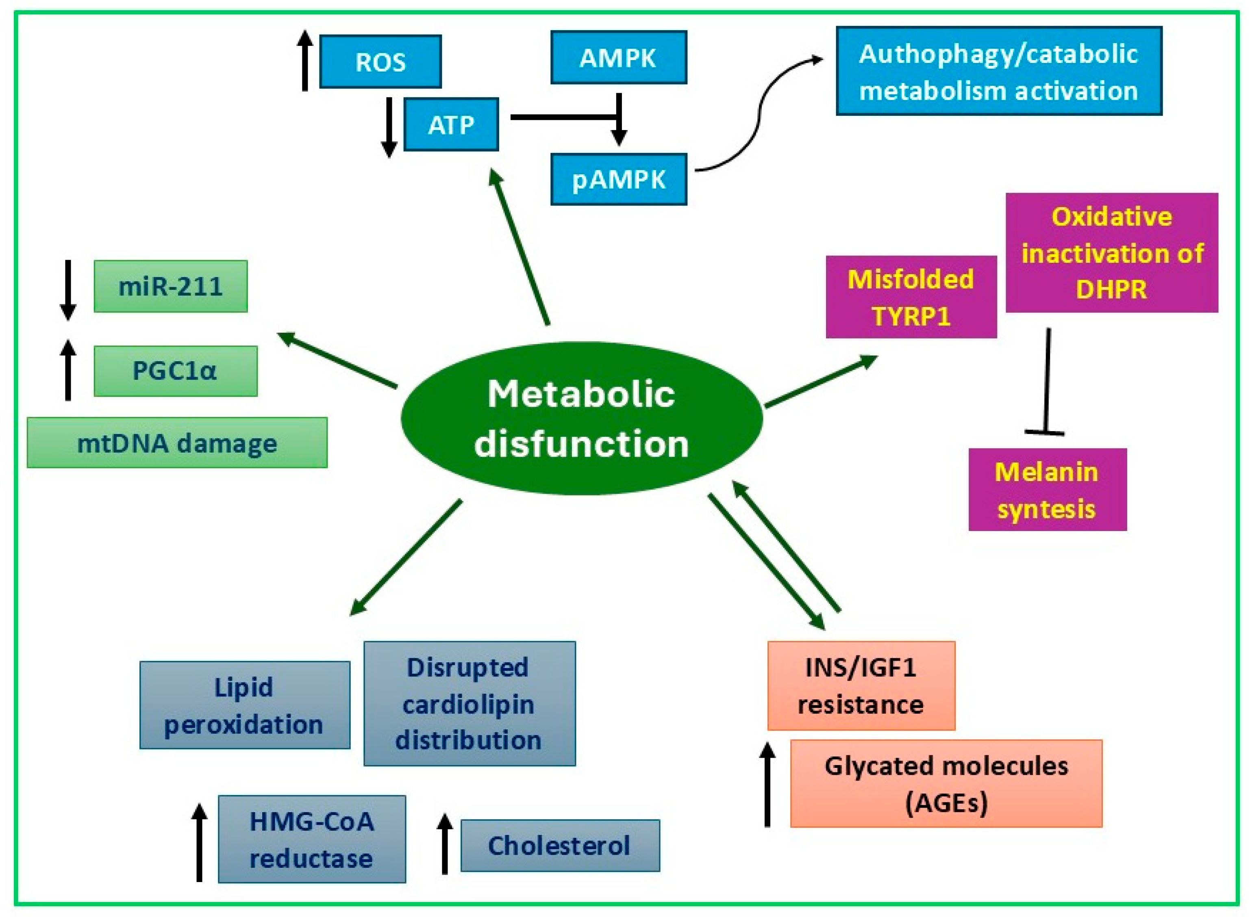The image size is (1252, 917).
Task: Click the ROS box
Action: pos(380,62)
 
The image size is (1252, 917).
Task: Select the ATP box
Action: pos(451,124)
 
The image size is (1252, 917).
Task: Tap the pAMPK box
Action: pos(619,179)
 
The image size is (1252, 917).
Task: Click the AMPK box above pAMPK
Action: pos(619,58)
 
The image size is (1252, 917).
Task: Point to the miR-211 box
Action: pos(170,286)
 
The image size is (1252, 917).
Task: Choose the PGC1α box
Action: pos(176,371)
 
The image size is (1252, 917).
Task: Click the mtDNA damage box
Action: pos(177,443)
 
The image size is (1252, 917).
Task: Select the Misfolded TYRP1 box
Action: pos(911,297)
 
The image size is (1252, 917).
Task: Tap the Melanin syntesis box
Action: pos(1047,490)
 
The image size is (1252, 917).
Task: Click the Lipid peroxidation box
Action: pos(244,705)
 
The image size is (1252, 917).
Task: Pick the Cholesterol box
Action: pos(560,845)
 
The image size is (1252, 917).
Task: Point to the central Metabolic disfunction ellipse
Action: pos(581,418)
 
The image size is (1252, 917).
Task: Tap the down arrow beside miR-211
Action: pos(68,290)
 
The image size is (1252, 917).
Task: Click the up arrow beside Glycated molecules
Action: pos(767,784)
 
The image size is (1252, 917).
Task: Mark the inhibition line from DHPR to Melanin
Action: pos(1047,383)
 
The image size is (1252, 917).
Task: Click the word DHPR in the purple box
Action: pos(1111,290)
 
